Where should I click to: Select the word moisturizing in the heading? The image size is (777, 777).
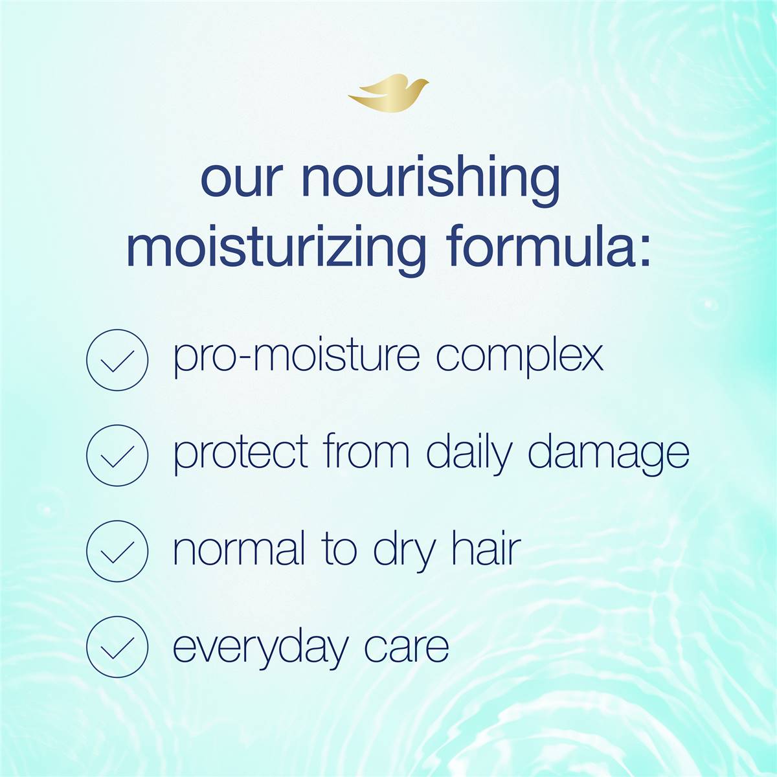click(x=276, y=251)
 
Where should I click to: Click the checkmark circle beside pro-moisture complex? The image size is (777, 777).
click(x=117, y=359)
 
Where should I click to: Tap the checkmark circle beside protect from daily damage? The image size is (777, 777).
click(x=117, y=455)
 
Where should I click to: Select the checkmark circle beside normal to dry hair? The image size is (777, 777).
click(x=117, y=551)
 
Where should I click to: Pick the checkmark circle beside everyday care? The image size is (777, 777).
click(x=117, y=646)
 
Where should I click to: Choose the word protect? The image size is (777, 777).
click(x=241, y=454)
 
